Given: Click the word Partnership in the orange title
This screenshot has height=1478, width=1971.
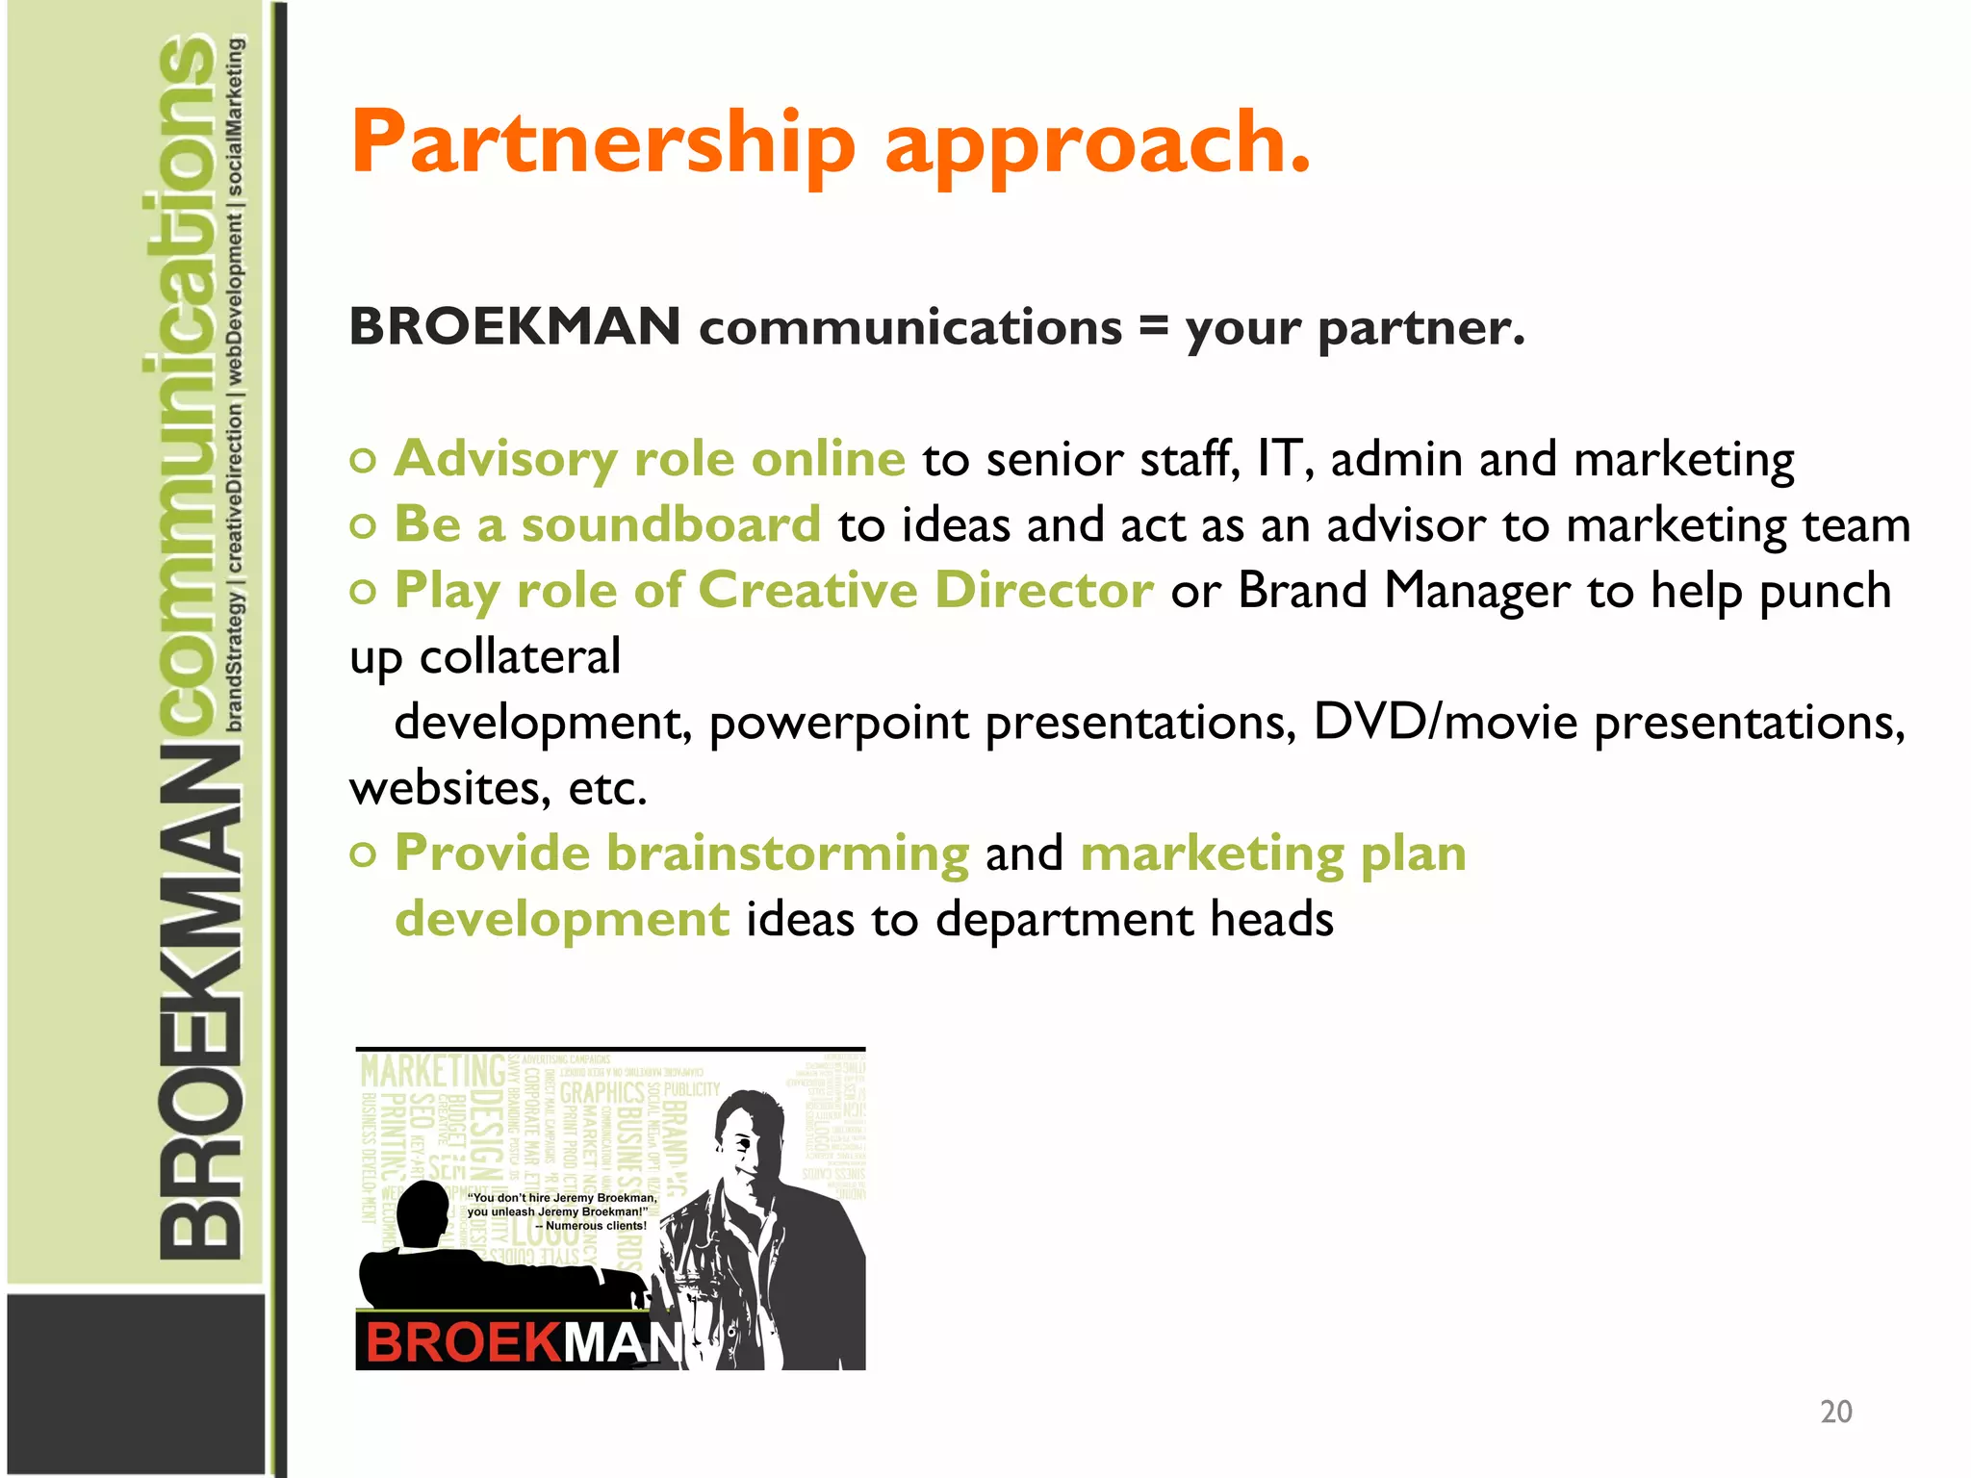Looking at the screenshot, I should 602,144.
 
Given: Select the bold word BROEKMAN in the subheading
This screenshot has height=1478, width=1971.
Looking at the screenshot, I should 515,326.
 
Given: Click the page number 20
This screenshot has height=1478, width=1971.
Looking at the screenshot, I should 1835,1412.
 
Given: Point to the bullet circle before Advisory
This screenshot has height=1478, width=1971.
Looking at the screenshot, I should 363,461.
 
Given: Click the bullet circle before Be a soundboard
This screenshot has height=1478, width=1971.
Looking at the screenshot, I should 363,526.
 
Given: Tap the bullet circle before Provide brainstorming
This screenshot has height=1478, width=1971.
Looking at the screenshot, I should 363,854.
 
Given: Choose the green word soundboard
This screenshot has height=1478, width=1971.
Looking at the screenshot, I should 671,525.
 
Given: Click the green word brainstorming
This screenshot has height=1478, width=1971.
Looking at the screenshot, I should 787,854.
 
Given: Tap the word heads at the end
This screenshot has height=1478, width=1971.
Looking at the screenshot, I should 1271,919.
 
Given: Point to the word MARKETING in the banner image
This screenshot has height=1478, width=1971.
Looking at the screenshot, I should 432,1071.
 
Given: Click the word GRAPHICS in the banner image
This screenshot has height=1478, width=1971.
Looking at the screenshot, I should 602,1093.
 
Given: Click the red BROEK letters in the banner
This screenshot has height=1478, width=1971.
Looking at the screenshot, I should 462,1342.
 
